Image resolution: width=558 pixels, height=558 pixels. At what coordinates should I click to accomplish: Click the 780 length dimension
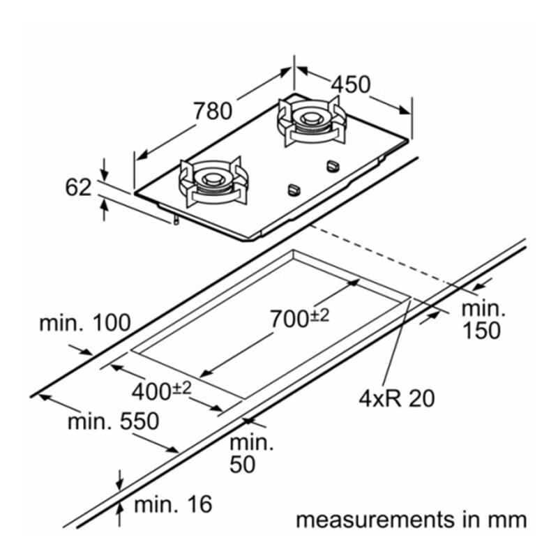(212, 110)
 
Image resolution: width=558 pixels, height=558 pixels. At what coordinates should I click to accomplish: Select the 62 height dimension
(78, 187)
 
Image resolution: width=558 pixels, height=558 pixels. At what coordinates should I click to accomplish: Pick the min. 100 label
(84, 323)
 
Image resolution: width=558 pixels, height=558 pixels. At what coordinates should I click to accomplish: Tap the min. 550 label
(114, 421)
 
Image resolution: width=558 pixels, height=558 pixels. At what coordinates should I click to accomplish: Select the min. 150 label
(481, 319)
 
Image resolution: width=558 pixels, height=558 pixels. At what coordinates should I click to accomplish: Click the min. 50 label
(252, 453)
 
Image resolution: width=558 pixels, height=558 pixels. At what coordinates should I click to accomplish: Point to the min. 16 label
(172, 504)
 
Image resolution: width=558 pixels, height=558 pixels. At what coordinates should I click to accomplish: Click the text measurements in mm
(411, 520)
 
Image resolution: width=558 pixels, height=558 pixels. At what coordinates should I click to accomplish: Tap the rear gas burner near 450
(308, 119)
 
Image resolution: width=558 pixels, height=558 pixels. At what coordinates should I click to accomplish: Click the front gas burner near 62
(211, 181)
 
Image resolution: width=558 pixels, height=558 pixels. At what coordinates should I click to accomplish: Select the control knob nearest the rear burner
(332, 166)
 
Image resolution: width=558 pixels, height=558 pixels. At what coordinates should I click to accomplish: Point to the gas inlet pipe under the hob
(176, 220)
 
